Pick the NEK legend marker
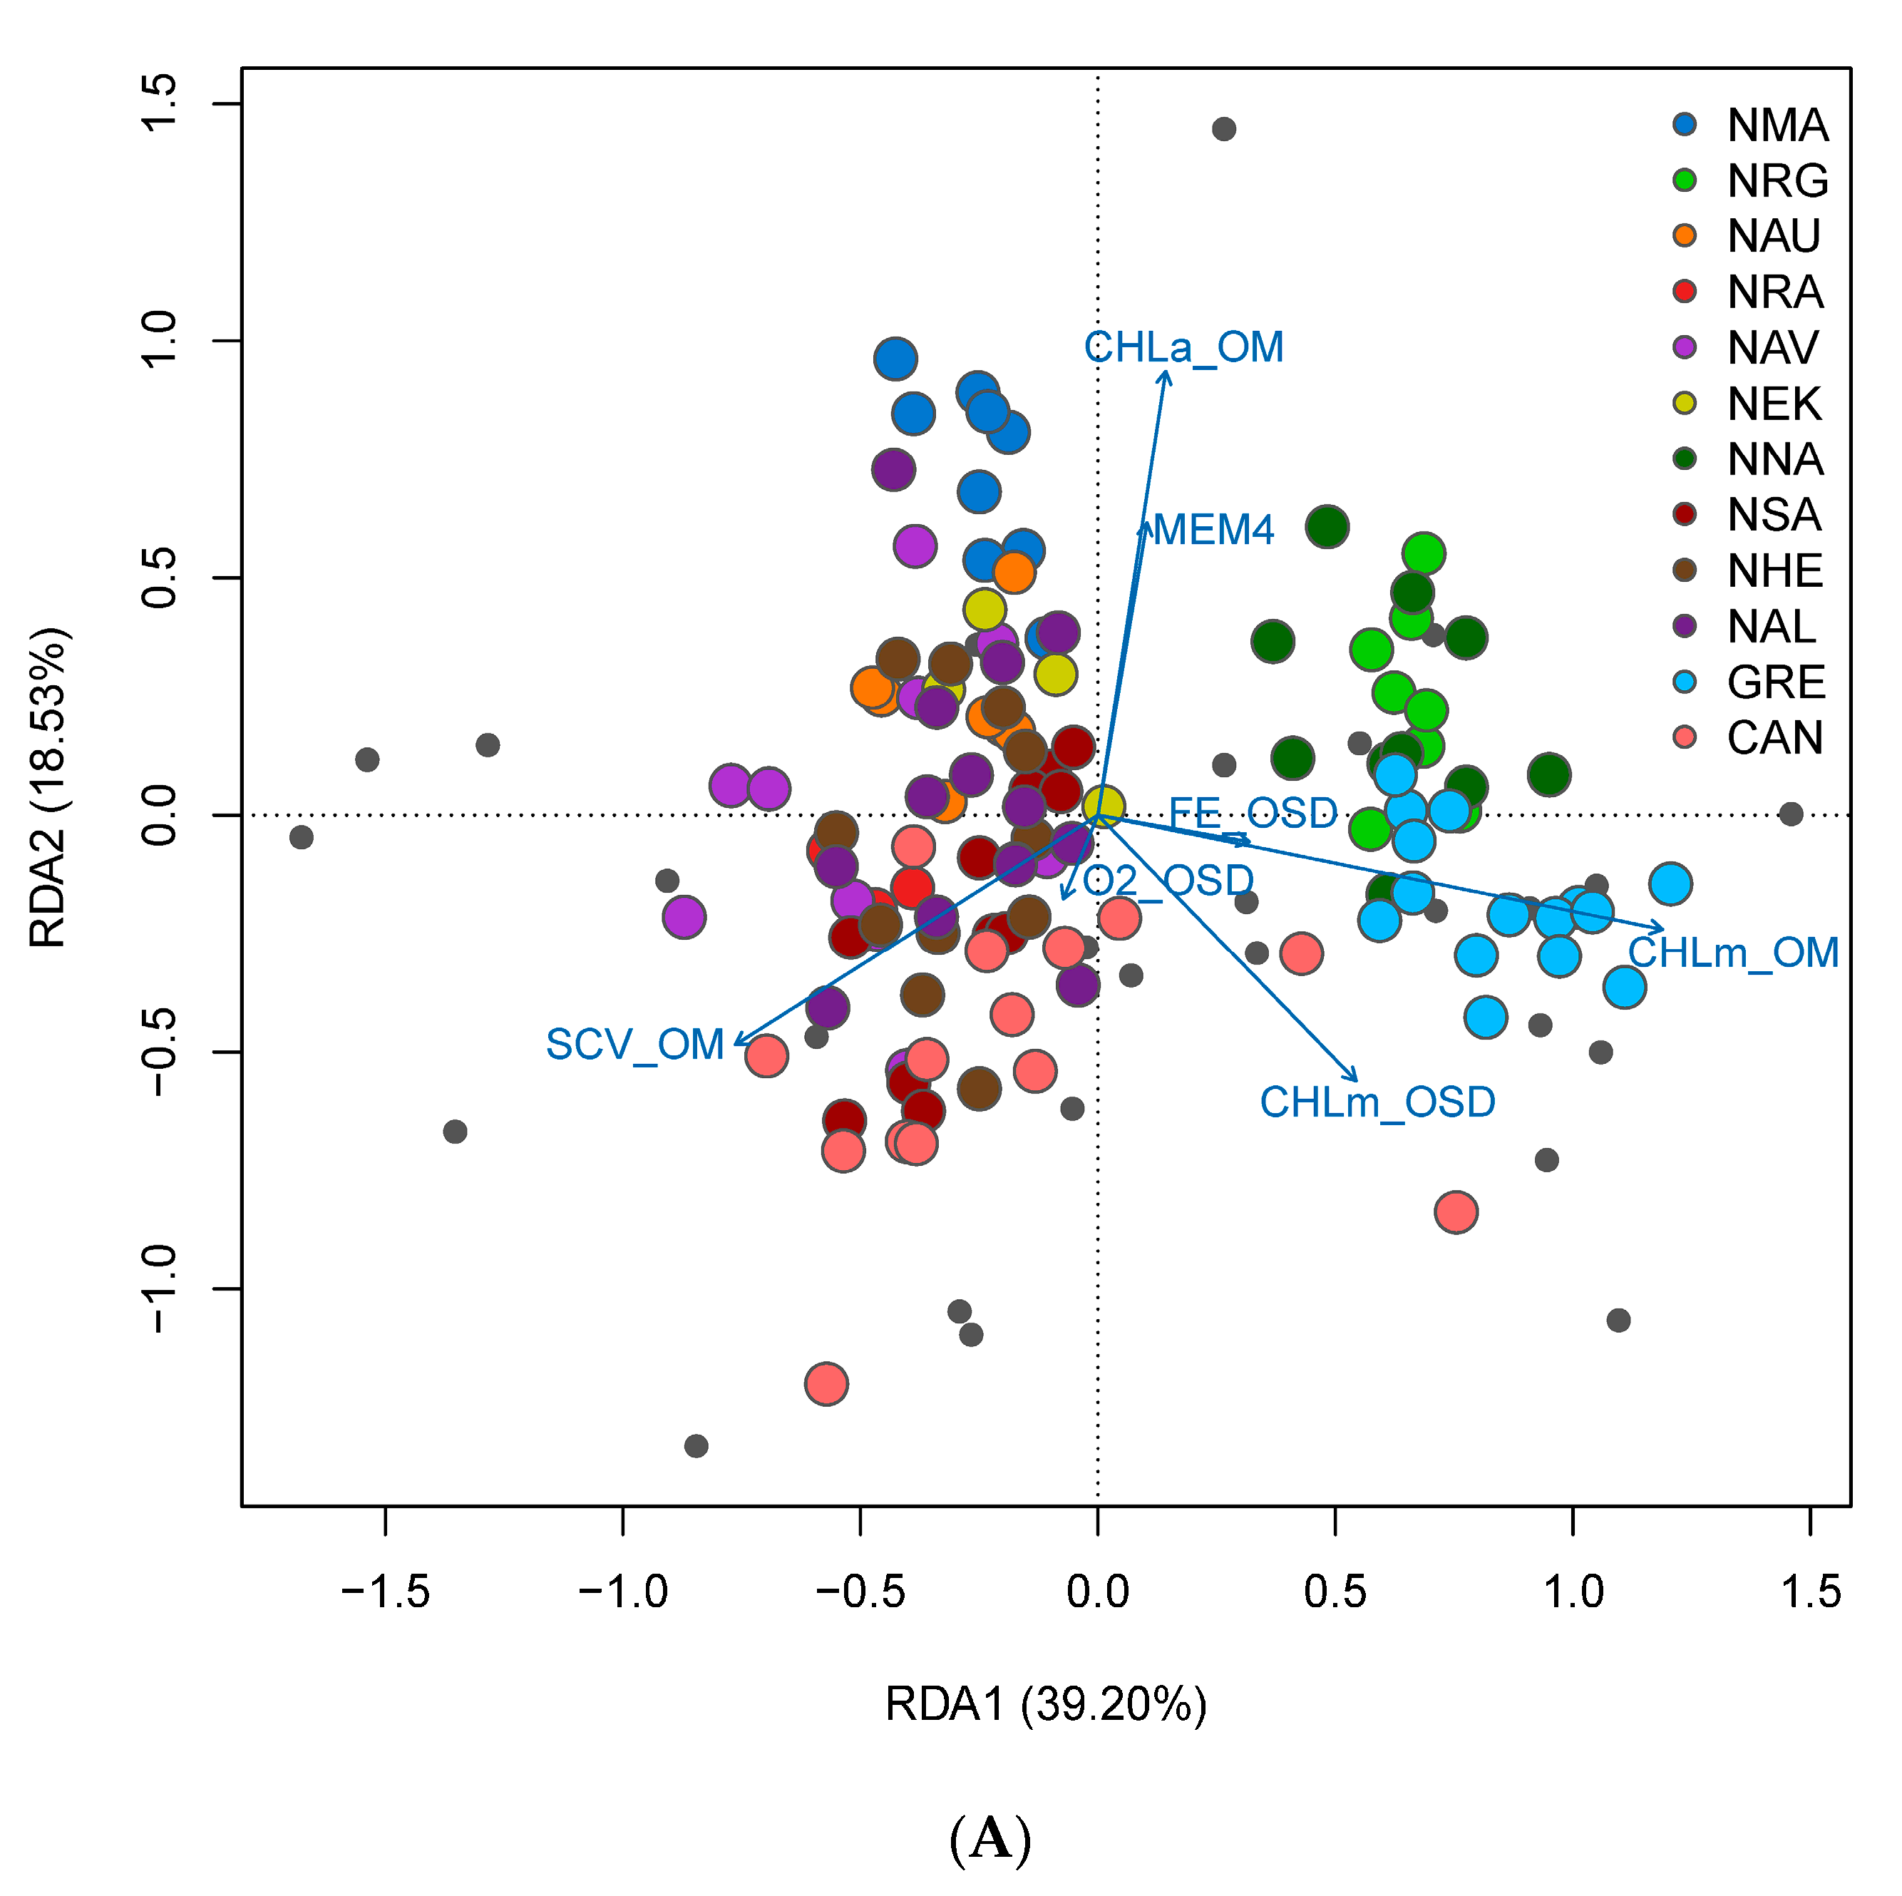coord(1685,403)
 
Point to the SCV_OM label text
coord(635,1044)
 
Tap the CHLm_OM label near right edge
coord(1732,953)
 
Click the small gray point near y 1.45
coord(1224,129)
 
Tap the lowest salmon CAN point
coord(826,1383)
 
